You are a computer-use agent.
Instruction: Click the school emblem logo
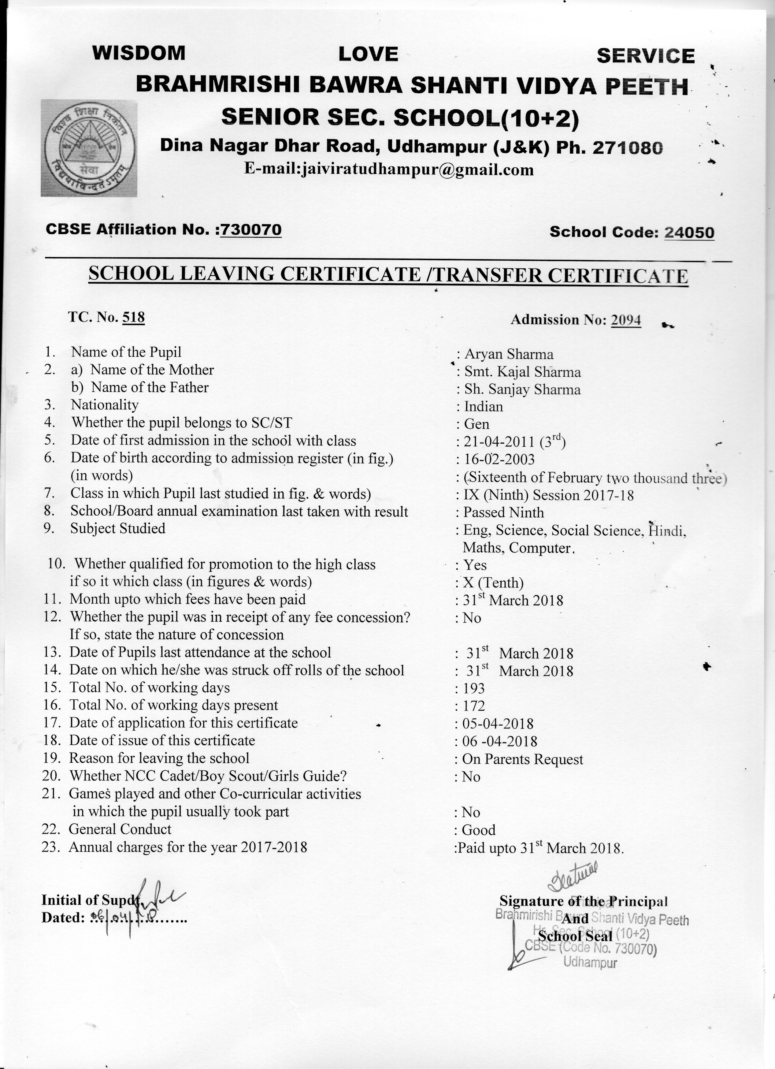click(89, 148)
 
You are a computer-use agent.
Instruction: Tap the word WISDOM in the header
click(139, 53)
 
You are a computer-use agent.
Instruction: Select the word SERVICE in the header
click(645, 56)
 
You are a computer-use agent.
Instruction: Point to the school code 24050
click(689, 232)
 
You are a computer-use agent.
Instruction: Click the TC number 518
click(133, 317)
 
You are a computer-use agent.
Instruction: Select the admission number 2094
click(626, 320)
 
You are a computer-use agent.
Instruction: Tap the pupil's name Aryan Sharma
click(509, 354)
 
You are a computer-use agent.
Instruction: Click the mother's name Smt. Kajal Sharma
click(522, 372)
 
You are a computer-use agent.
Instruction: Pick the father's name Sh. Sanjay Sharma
click(522, 389)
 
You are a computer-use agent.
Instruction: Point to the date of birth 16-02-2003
click(499, 459)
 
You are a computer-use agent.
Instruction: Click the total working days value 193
click(473, 689)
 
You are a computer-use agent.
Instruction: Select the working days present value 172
click(473, 706)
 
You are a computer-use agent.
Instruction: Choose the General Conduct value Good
click(479, 830)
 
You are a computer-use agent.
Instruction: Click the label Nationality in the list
click(105, 405)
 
